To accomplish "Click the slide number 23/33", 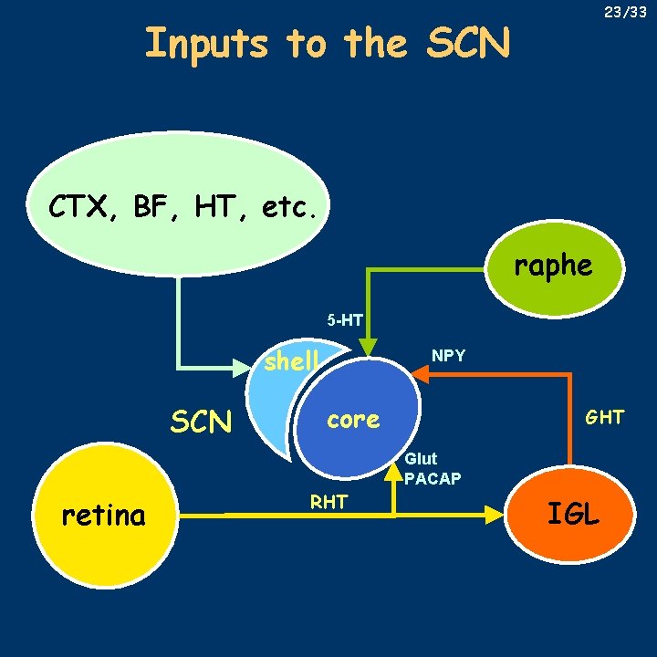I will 626,13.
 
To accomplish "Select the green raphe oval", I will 553,266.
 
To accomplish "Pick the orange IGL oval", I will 572,513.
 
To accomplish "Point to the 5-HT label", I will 346,320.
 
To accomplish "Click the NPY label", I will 448,355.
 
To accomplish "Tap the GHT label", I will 604,417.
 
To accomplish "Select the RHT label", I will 328,501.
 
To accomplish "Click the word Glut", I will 421,459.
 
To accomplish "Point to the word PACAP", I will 433,478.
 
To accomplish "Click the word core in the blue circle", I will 353,420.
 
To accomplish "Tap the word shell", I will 291,361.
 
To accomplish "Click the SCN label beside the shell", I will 201,422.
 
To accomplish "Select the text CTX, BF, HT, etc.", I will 183,207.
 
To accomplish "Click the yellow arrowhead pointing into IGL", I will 494,516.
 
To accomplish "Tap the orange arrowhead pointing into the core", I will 420,372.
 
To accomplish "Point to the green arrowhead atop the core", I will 368,347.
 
